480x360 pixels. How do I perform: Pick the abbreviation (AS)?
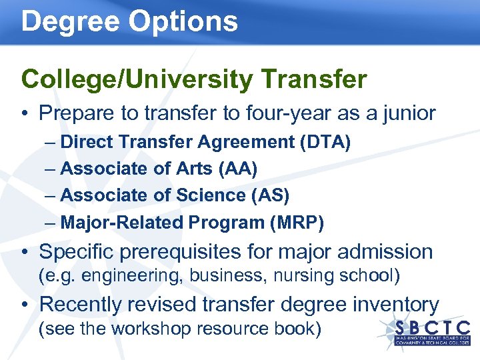point(269,195)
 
